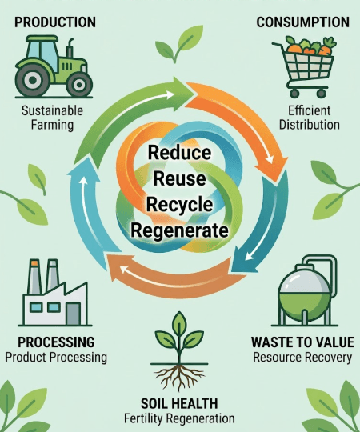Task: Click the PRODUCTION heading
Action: (x=55, y=22)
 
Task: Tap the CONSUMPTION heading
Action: (x=303, y=22)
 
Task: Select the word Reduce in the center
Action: (x=179, y=152)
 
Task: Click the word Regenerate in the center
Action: (x=179, y=230)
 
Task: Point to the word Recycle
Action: (x=179, y=205)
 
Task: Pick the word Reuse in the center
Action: (x=179, y=178)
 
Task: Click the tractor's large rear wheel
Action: (x=33, y=80)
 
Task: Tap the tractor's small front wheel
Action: (x=79, y=85)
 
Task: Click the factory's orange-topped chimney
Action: (x=34, y=276)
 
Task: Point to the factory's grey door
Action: (x=73, y=314)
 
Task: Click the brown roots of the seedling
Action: (x=179, y=377)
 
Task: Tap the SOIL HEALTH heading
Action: (x=179, y=404)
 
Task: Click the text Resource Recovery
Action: (x=302, y=358)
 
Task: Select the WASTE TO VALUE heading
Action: (x=302, y=342)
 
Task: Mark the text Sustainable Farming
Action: (x=52, y=118)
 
